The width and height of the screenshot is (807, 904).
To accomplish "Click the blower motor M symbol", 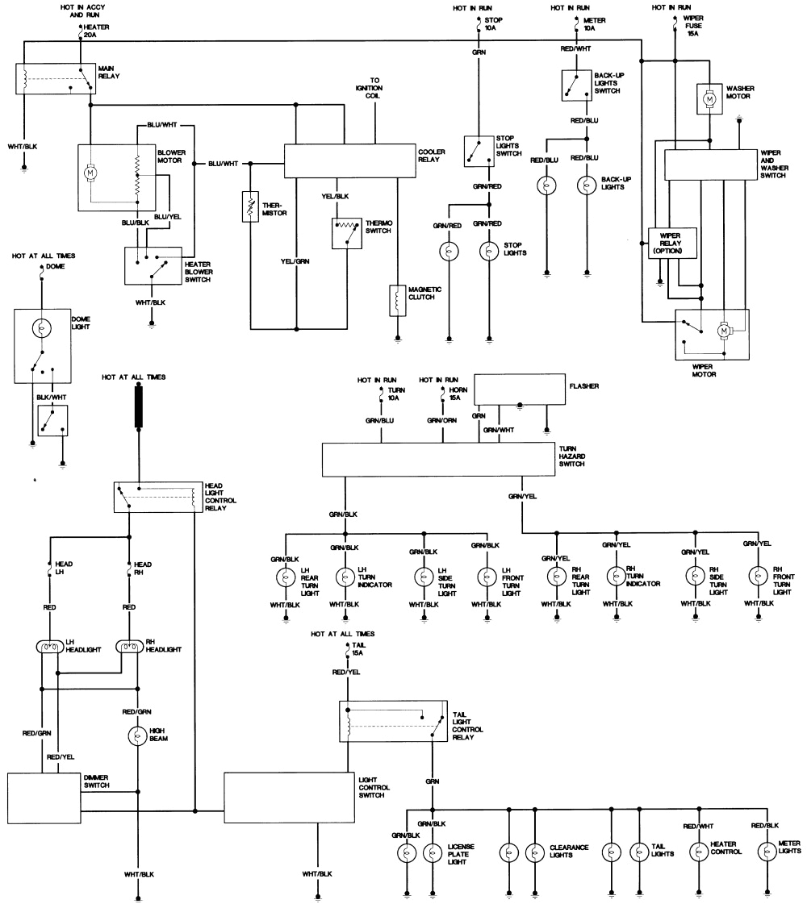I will tap(91, 172).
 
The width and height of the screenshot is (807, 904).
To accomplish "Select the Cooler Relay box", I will tap(349, 161).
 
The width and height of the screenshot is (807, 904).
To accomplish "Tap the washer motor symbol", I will tap(710, 98).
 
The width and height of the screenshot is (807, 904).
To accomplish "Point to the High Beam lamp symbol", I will tap(138, 735).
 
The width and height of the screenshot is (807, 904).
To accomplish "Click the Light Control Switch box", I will tap(289, 798).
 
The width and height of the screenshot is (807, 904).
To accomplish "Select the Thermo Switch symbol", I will tap(346, 232).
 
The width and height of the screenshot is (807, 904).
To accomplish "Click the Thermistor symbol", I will tap(250, 207).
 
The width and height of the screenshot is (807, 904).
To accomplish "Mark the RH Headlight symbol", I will tap(129, 647).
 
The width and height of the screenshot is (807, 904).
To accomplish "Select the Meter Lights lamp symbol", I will tap(765, 852).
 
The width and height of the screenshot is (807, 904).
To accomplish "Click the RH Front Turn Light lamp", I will tap(757, 576).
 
